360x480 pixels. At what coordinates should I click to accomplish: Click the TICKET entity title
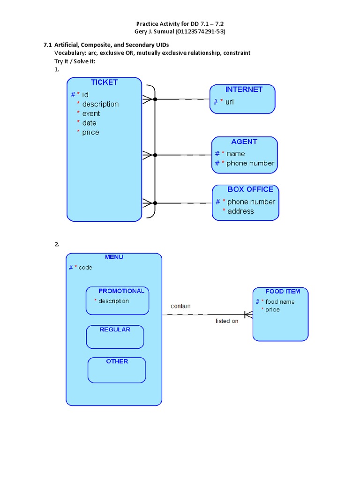point(104,82)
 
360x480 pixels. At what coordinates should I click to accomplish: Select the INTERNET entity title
point(244,90)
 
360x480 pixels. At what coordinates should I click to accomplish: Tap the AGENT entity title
point(244,142)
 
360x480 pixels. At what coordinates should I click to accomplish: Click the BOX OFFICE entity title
point(250,189)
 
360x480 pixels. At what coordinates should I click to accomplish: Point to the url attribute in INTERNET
point(229,102)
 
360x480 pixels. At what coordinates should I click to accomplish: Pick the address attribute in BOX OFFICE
point(240,211)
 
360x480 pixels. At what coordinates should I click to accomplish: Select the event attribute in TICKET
point(91,113)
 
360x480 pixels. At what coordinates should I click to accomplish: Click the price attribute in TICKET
point(90,132)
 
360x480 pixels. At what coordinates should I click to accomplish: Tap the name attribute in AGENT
point(235,154)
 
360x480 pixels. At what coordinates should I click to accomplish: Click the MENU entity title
point(114,257)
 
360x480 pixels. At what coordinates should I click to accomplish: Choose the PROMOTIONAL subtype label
point(121,291)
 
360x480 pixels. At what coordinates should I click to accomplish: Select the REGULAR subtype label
point(115,330)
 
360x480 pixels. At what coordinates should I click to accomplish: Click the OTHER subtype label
point(117,361)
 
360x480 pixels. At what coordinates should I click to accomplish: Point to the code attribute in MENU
point(85,267)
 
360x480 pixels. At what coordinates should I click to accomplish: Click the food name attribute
point(280,302)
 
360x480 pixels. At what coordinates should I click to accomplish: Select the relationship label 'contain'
point(180,306)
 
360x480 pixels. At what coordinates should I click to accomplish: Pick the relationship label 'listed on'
point(227,321)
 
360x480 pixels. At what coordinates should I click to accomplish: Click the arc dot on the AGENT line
point(155,155)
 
